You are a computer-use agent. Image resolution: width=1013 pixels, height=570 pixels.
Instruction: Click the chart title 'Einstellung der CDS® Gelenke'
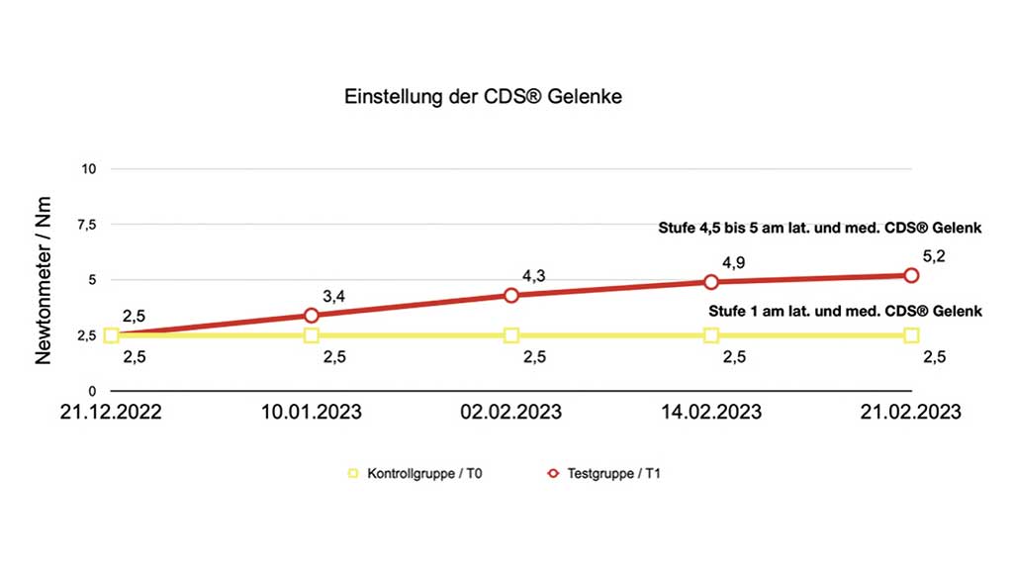(x=483, y=97)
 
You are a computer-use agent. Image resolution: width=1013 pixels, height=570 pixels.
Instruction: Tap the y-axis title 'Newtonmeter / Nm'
(x=44, y=280)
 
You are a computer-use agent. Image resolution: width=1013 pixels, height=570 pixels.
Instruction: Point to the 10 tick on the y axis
(x=88, y=169)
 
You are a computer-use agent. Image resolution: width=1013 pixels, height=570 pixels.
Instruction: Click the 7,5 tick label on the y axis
(x=87, y=225)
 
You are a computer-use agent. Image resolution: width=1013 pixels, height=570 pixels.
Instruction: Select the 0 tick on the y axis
(x=91, y=391)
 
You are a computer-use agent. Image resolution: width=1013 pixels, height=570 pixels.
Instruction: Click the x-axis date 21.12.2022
(x=112, y=412)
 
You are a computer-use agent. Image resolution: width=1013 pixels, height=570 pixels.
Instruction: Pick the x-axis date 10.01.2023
(x=311, y=412)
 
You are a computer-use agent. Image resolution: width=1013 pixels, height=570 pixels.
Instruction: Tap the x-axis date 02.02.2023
(x=511, y=412)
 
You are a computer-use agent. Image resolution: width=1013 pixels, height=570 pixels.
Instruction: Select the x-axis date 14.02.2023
(x=711, y=412)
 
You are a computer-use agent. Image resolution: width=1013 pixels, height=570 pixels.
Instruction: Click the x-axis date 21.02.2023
(x=911, y=412)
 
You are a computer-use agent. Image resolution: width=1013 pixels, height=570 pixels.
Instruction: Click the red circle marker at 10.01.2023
(x=312, y=316)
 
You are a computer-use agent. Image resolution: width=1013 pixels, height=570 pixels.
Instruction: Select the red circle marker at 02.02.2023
(x=511, y=295)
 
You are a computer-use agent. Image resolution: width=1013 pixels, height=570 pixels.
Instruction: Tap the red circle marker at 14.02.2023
(x=711, y=282)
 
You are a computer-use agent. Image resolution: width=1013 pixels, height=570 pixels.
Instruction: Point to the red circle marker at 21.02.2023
(x=911, y=275)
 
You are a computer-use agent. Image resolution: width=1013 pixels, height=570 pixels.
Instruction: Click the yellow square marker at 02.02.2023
(x=511, y=335)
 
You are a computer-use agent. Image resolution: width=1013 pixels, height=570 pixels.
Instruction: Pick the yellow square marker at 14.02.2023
(x=711, y=335)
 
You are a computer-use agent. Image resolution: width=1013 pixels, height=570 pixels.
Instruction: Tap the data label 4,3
(x=533, y=276)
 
